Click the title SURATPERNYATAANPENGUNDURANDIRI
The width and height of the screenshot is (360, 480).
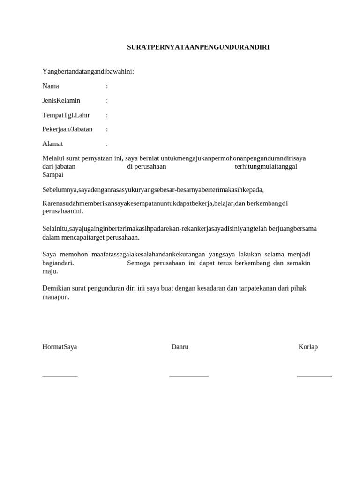(198, 47)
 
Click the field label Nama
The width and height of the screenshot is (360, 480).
(51, 86)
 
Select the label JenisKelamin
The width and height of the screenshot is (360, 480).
(61, 101)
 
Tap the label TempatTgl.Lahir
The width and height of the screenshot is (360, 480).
(66, 115)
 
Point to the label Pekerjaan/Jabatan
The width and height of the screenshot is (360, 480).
(67, 129)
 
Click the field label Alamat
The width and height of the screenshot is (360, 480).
(52, 144)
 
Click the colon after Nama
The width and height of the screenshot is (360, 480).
(107, 86)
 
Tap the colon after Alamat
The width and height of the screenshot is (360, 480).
(107, 144)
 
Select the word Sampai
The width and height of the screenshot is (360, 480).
(53, 175)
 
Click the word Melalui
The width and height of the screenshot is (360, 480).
(54, 158)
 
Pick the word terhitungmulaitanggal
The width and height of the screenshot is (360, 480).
(266, 166)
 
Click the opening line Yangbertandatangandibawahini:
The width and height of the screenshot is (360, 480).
(88, 72)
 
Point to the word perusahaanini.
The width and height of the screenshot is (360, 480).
(63, 211)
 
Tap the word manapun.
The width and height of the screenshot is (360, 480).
(56, 297)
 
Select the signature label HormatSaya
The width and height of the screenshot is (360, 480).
(60, 347)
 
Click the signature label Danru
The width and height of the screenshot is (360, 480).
(180, 347)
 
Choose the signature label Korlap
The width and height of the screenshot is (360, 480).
(308, 347)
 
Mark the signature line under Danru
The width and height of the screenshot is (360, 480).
(189, 376)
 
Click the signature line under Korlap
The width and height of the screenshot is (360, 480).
(315, 376)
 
